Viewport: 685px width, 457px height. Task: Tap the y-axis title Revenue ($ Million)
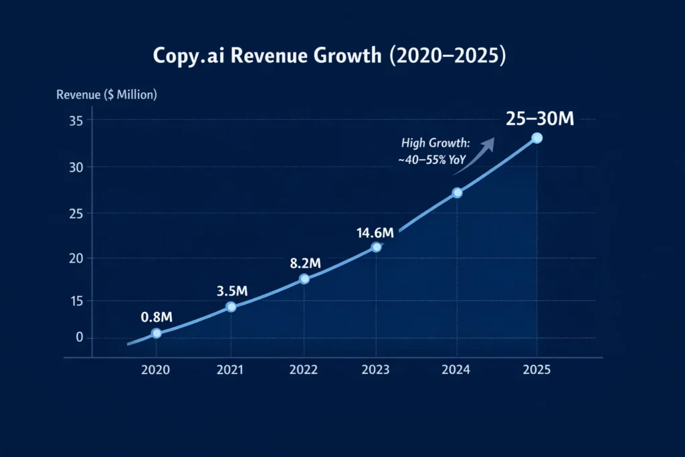[x=106, y=94]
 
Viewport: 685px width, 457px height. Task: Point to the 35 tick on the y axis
[x=74, y=120]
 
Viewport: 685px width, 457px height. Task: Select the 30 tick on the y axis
[x=74, y=167]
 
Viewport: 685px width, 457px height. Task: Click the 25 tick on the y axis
[x=74, y=213]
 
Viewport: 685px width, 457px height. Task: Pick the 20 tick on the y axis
[x=74, y=258]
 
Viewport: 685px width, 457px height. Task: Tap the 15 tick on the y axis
[x=74, y=301]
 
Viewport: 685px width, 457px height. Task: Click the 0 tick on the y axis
[x=79, y=337]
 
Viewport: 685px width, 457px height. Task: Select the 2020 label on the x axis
[x=157, y=370]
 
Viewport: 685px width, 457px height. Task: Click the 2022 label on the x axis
[x=304, y=370]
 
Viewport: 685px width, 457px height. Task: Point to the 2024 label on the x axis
[x=458, y=370]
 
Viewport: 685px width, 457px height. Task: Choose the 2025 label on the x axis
[x=536, y=370]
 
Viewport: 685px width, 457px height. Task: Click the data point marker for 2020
[x=157, y=333]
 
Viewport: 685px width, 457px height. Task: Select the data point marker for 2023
[x=376, y=247]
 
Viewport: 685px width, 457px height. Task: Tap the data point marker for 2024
[x=458, y=193]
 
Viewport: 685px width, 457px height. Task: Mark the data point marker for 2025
[x=536, y=138]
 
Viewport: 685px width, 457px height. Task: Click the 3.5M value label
[x=233, y=291]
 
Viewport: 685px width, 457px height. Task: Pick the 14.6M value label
[x=375, y=232]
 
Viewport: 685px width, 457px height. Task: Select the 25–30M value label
[x=540, y=118]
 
